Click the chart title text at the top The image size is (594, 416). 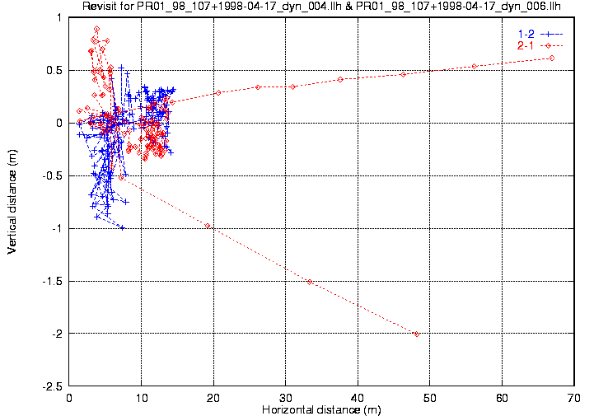320,7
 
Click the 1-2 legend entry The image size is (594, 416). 524,33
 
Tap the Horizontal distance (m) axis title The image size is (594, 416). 320,409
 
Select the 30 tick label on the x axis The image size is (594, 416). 286,397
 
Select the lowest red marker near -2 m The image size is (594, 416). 417,334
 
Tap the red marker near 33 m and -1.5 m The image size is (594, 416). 310,283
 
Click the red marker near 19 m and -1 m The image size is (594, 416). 208,226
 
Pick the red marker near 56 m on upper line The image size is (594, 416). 475,66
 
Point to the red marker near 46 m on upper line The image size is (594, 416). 403,74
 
